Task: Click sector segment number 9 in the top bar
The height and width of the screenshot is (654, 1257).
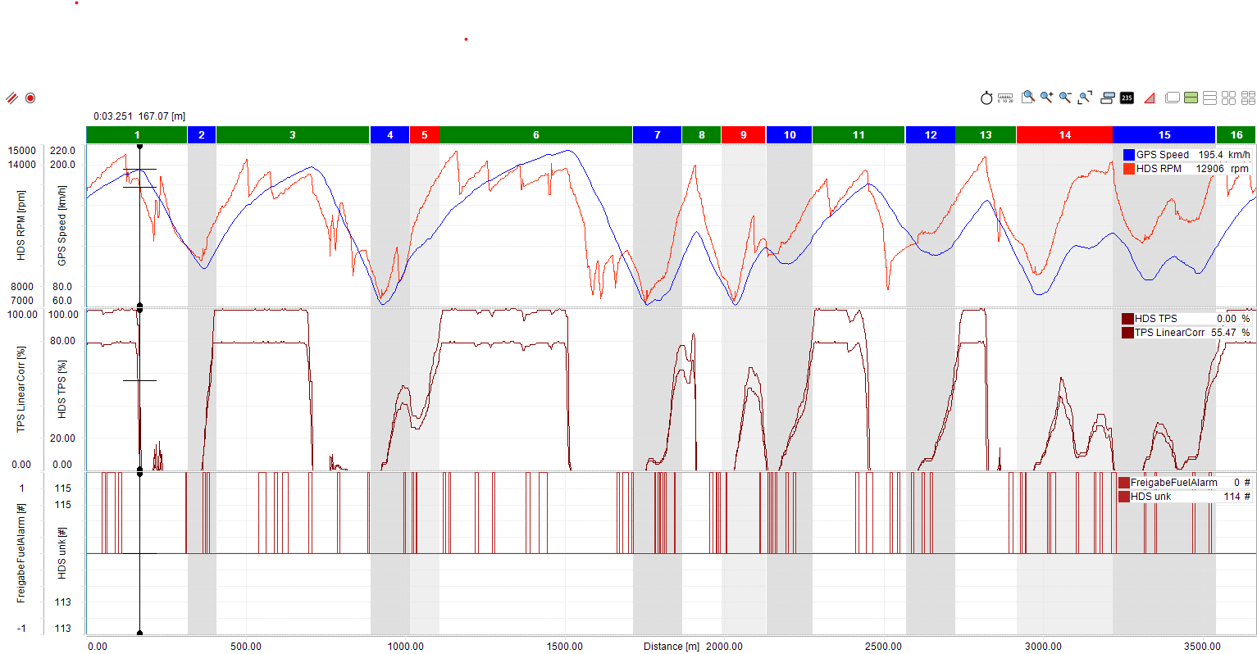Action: point(743,135)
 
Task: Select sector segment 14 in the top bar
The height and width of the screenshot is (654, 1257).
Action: point(1064,135)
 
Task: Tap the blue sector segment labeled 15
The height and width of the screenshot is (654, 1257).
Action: point(1164,135)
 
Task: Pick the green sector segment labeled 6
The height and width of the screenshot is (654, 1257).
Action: point(535,135)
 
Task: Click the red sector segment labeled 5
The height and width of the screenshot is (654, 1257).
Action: point(424,135)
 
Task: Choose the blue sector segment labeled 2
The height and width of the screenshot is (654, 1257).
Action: point(202,135)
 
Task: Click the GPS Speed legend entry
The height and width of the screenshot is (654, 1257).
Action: point(1162,155)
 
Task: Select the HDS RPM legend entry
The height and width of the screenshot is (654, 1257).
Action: point(1159,169)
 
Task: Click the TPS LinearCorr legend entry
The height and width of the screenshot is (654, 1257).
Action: point(1169,333)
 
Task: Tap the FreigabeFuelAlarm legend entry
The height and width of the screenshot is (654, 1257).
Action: point(1173,483)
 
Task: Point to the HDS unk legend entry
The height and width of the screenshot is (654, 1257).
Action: point(1150,497)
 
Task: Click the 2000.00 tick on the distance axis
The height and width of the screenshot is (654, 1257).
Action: point(725,647)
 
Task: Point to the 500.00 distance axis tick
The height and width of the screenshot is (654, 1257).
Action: point(246,647)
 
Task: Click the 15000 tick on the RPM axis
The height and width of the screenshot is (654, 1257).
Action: point(22,151)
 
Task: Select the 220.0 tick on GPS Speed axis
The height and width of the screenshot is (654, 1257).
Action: point(62,151)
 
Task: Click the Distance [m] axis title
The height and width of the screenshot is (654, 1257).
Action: point(671,647)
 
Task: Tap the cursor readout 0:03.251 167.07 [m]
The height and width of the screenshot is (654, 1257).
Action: point(139,116)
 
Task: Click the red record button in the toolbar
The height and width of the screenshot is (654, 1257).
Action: point(30,98)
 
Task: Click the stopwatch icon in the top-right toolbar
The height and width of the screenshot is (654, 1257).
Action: point(986,98)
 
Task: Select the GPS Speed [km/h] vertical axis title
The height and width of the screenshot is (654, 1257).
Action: point(61,225)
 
